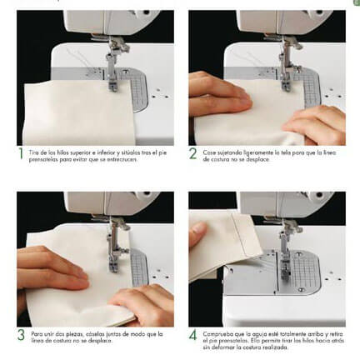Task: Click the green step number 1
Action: (21, 154)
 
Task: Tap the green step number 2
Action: (192, 154)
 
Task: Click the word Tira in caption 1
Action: (36, 151)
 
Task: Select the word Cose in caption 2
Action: (208, 151)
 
